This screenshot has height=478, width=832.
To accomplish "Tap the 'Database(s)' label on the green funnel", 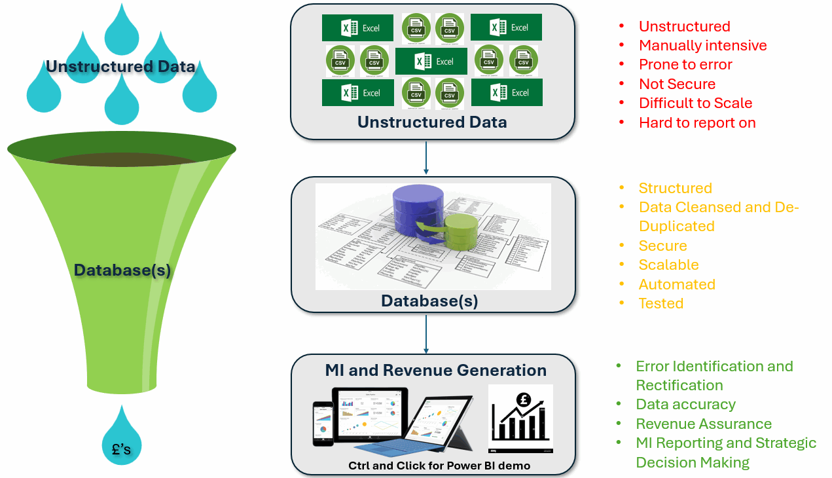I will (122, 270).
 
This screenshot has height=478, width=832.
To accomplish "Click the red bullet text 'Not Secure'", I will (677, 84).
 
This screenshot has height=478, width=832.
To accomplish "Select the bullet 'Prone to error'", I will (685, 64).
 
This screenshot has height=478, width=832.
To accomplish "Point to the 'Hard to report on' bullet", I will (697, 122).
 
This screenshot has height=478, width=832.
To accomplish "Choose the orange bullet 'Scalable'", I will (668, 265).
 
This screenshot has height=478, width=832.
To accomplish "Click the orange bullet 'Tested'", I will (661, 303).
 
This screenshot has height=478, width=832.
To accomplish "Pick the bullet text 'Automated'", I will (677, 284).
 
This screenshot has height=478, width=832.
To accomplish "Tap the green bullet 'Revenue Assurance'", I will (704, 424).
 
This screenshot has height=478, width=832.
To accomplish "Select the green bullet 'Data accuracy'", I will (685, 404).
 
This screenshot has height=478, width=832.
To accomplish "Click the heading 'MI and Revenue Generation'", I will (435, 371).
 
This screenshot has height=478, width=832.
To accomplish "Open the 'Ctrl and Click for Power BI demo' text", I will (439, 466).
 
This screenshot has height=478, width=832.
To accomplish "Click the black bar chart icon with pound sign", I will (520, 418).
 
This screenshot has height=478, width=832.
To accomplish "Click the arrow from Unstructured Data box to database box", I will (426, 157).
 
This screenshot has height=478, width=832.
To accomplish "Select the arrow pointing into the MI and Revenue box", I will (426, 334).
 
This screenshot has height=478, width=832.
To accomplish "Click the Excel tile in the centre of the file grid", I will (431, 62).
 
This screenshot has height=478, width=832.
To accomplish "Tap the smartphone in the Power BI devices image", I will (323, 423).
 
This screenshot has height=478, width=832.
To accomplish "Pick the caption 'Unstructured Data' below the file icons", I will (432, 122).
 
